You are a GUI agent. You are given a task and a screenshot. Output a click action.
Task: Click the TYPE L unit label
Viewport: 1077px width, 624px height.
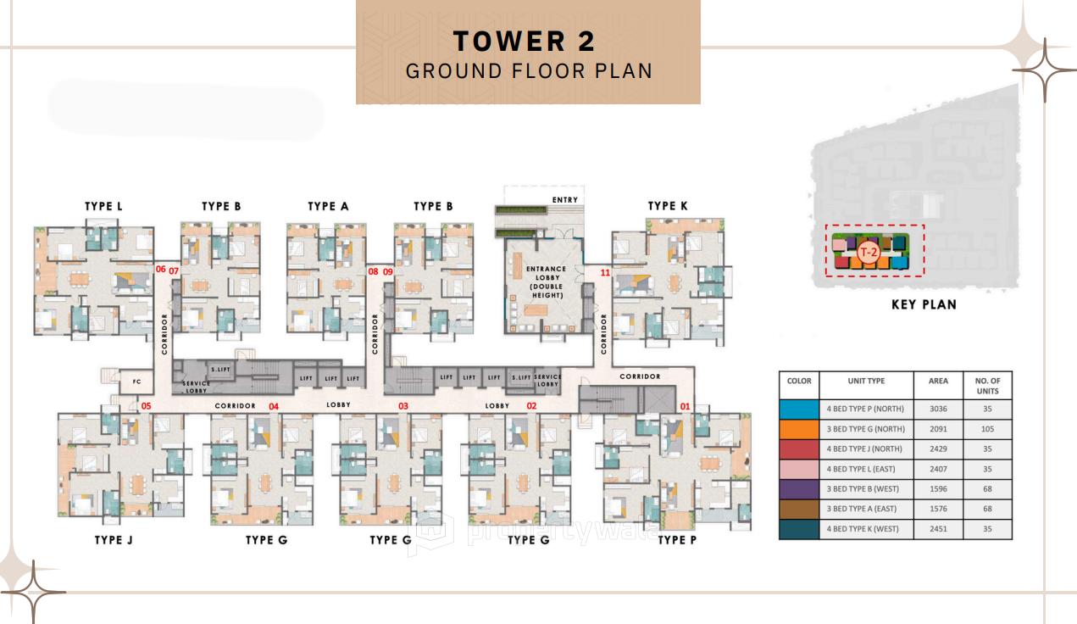point(103,206)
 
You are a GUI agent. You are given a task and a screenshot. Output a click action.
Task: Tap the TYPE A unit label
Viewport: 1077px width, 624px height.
point(328,206)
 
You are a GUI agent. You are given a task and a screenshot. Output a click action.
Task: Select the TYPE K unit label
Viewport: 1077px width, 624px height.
point(668,206)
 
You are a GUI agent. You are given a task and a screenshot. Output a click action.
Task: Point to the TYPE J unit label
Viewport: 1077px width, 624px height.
point(114,540)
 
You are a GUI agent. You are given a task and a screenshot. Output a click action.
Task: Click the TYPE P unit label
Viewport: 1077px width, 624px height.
point(677,540)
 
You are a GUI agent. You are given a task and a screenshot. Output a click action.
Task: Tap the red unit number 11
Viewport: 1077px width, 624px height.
point(605,273)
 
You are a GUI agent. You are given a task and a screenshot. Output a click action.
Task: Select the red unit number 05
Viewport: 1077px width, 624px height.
point(146,406)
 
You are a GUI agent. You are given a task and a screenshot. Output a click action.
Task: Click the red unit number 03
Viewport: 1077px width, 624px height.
point(403,406)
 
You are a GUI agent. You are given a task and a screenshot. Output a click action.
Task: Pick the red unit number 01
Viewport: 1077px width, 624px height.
point(685,406)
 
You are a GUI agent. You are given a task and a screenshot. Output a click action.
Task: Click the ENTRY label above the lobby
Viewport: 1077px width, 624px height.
point(564,200)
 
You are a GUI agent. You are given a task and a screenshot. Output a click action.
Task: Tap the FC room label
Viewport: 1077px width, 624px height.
point(136,382)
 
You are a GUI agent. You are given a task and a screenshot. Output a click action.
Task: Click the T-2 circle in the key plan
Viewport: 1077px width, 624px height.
point(868,251)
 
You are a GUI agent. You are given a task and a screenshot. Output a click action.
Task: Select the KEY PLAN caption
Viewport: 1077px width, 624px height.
point(924,304)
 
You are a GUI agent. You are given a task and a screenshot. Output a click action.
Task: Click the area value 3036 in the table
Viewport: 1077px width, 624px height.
point(938,409)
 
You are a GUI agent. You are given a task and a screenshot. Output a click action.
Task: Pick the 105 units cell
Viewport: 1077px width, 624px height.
point(987,429)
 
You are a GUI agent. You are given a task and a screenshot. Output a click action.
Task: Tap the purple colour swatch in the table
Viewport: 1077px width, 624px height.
point(799,489)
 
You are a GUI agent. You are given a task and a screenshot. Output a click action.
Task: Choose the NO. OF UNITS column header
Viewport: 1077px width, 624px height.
point(987,386)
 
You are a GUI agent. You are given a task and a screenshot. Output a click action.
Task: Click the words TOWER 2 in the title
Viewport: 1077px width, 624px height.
point(525,41)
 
